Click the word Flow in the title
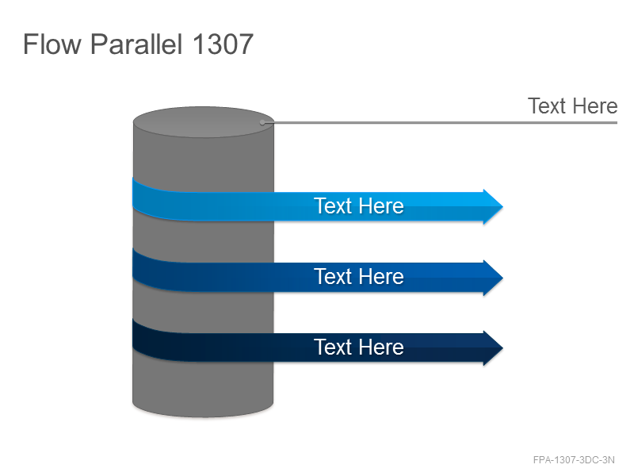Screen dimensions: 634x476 pos(52,44)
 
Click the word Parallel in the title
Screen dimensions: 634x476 pos(136,44)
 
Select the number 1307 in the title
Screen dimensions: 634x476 pos(223,44)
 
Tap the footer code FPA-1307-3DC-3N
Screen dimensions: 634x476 pos(574,460)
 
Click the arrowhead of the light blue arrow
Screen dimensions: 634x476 pos(493,206)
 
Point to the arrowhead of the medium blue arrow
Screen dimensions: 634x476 pos(493,278)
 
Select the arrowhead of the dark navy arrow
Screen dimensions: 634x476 pos(493,348)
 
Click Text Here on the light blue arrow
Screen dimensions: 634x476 pos(359,205)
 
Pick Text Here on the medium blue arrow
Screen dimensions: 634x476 pos(359,276)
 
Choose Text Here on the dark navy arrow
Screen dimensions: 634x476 pos(359,347)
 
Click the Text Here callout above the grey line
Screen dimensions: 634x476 pos(572,106)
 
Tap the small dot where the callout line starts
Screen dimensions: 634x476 pos(262,122)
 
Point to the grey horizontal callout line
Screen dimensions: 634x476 pos(440,122)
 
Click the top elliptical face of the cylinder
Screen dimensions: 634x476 pos(204,122)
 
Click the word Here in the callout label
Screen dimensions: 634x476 pos(595,106)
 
